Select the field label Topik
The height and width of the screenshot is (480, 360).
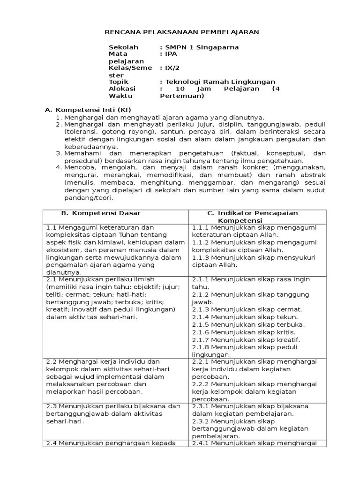pyautogui.click(x=118, y=82)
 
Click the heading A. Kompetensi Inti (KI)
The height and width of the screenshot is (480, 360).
pyautogui.click(x=87, y=110)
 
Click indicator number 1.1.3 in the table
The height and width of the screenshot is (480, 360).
pyautogui.click(x=200, y=257)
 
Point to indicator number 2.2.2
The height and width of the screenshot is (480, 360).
pyautogui.click(x=200, y=384)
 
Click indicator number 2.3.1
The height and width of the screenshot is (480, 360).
pyautogui.click(x=200, y=406)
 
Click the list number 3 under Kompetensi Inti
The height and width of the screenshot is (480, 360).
pyautogui.click(x=59, y=153)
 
